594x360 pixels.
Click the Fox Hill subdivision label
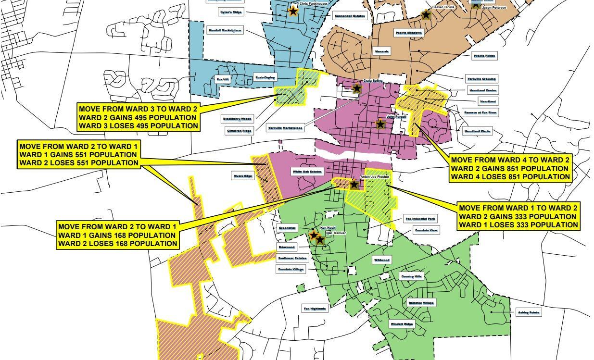point(222,79)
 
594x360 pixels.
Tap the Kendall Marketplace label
point(225,30)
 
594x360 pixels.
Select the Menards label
point(382,51)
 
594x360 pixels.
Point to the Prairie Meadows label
point(409,33)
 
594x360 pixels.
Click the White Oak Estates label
point(308,172)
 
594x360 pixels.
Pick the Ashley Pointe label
point(529,312)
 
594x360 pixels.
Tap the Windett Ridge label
point(402,324)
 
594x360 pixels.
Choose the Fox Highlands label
point(315,309)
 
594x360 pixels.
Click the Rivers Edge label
point(243,176)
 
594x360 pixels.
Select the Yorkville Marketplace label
point(286,128)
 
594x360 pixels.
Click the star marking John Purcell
point(380,124)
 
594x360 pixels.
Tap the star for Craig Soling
point(357,88)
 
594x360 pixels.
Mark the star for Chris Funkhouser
point(292,11)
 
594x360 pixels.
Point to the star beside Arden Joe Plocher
point(354,184)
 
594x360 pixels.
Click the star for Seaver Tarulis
point(426,15)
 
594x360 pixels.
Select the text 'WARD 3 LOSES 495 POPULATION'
point(139,126)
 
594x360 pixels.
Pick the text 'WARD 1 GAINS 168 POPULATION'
point(117,236)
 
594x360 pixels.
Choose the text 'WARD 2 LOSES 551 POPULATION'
point(79,163)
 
